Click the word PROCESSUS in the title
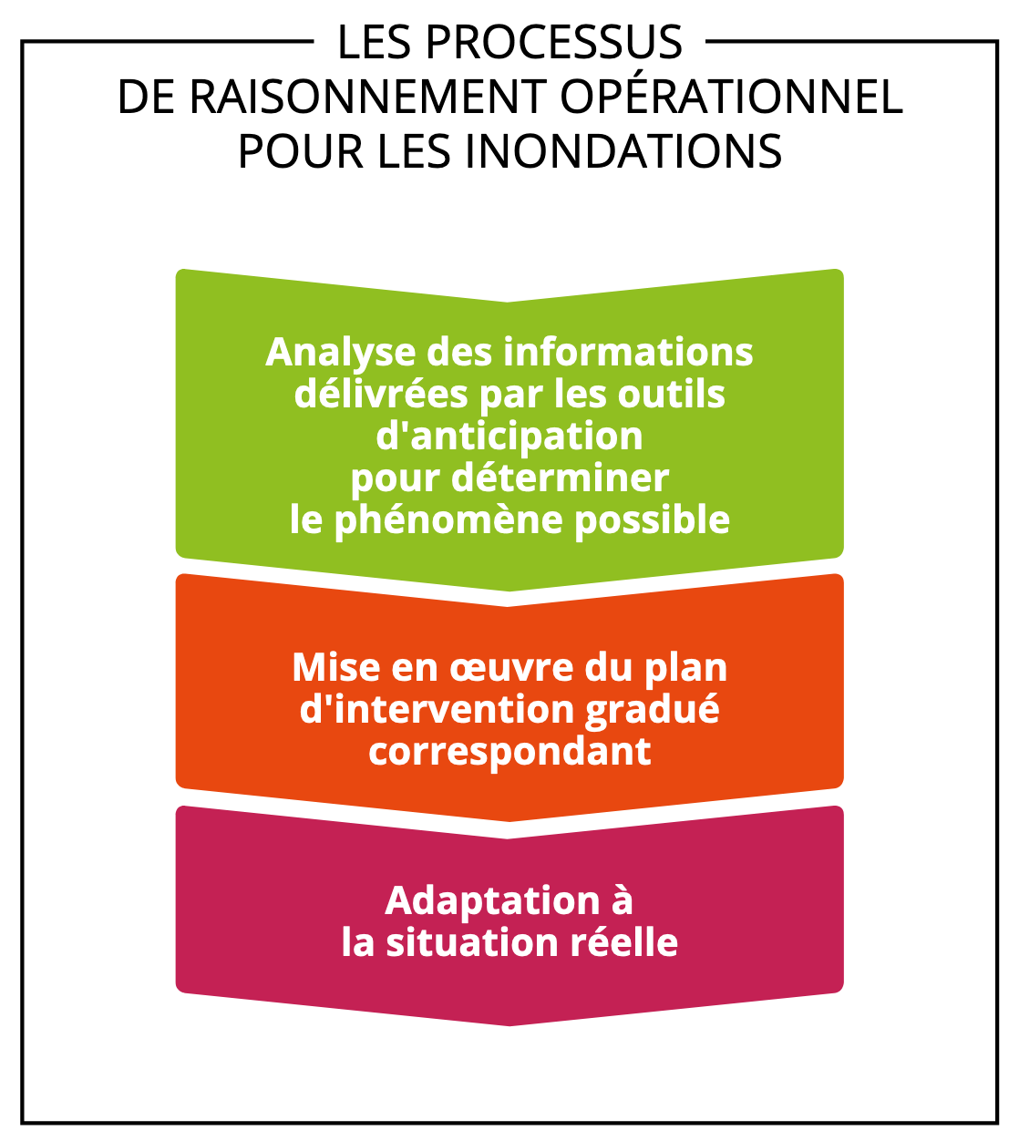point(554,42)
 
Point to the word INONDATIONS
point(623,151)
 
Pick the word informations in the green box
point(628,352)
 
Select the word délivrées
point(381,394)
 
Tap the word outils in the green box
point(672,394)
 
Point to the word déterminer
point(560,478)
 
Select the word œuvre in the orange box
point(510,669)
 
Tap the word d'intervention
point(437,709)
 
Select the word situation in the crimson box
point(472,943)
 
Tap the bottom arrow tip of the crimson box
point(509,1025)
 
